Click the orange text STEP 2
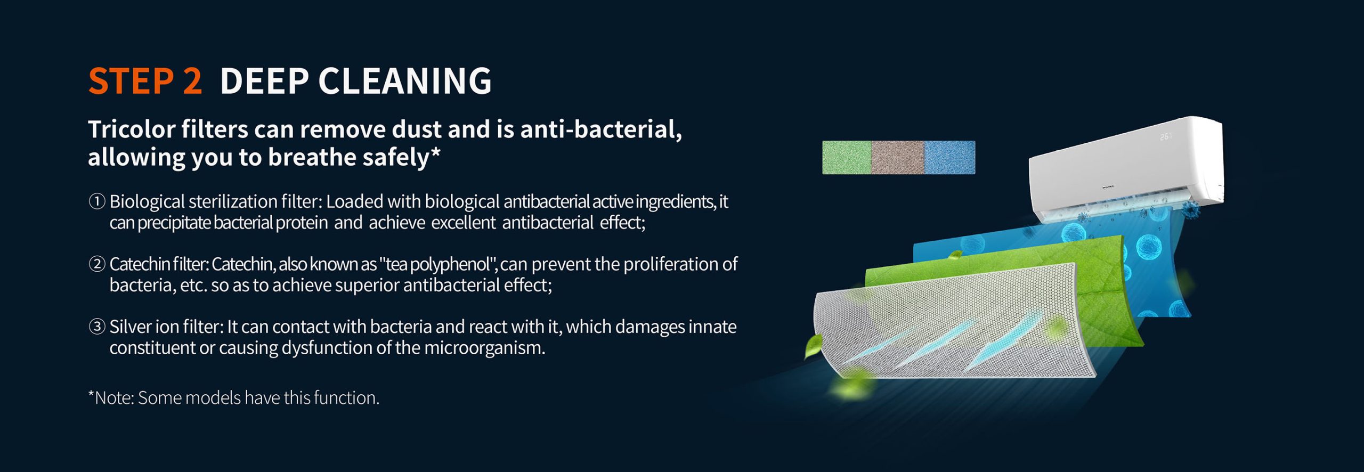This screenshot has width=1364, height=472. click(145, 81)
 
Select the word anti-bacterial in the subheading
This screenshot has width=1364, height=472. click(601, 130)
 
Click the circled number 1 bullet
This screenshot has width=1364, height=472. click(97, 202)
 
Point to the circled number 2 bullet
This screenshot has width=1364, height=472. click(97, 264)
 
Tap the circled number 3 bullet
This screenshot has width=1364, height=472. click(97, 327)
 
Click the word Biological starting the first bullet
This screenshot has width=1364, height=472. click(147, 202)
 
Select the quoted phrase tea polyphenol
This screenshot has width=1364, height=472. click(439, 265)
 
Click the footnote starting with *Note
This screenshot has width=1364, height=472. click(234, 398)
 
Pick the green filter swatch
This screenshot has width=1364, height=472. click(847, 158)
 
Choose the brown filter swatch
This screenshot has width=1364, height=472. click(898, 158)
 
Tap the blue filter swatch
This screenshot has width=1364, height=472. click(950, 158)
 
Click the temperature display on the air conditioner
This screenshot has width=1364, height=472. click(1166, 137)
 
